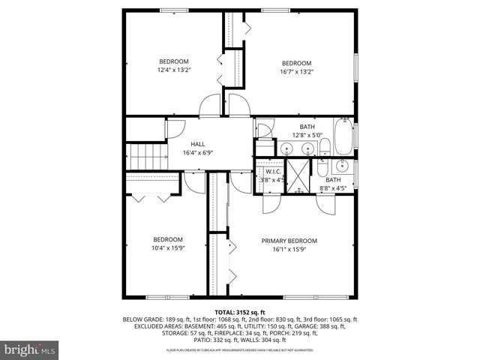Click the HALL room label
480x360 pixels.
(198, 144)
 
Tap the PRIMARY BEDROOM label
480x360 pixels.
(289, 241)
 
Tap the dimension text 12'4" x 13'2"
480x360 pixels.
(174, 70)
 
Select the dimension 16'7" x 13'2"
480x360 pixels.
(296, 71)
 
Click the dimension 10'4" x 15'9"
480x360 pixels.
(168, 248)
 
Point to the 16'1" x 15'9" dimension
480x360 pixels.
(289, 249)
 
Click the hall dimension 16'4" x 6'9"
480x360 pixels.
(198, 153)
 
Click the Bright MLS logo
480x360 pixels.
(30, 349)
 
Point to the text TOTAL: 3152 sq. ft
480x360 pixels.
(240, 312)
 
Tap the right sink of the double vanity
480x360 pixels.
(307, 149)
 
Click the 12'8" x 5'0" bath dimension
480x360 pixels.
(307, 136)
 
